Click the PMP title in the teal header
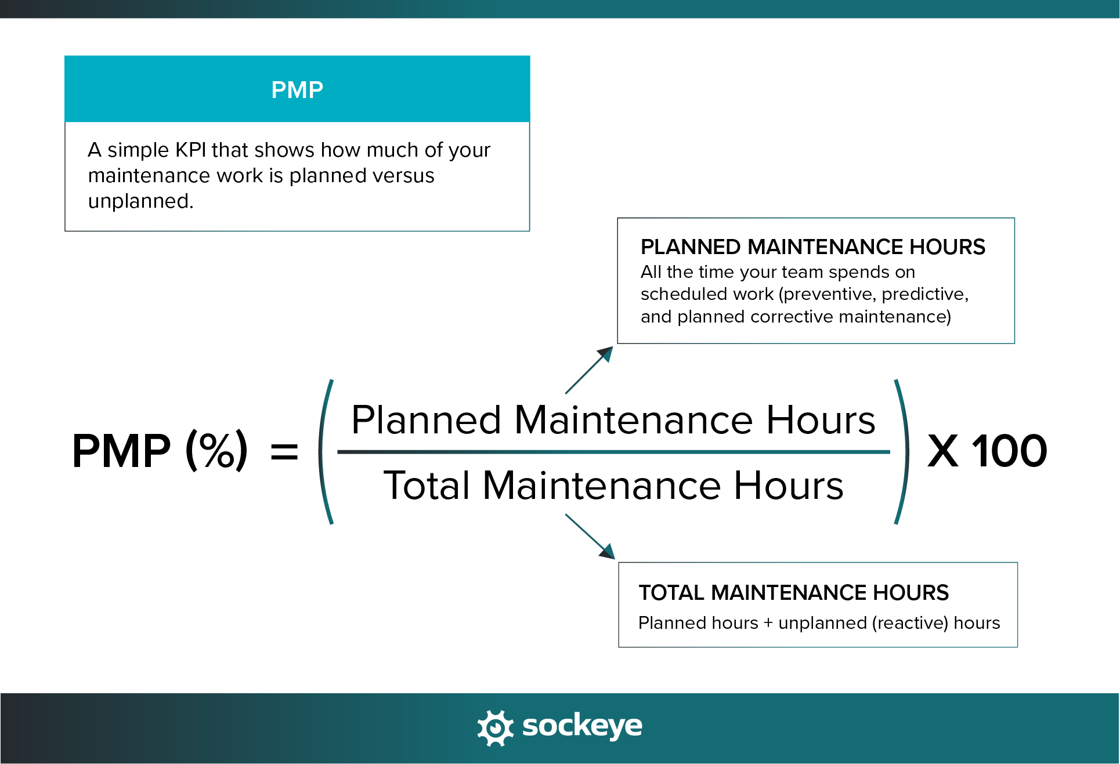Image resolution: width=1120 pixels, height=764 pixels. pyautogui.click(x=297, y=90)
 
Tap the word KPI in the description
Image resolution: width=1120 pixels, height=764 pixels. pyautogui.click(x=190, y=150)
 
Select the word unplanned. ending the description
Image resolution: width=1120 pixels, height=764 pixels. pyautogui.click(x=141, y=201)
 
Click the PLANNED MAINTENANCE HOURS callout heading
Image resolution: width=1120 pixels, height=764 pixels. pyautogui.click(x=812, y=247)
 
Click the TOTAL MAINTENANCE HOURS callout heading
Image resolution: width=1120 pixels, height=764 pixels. pyautogui.click(x=794, y=592)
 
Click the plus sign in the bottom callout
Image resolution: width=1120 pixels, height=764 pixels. pyautogui.click(x=768, y=623)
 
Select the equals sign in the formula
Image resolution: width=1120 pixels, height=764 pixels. pyautogui.click(x=284, y=451)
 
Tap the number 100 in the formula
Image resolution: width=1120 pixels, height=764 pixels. pyautogui.click(x=1010, y=451)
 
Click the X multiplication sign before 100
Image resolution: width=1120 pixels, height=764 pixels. pyautogui.click(x=943, y=451)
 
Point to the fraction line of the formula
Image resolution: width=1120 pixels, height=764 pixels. pyautogui.click(x=613, y=452)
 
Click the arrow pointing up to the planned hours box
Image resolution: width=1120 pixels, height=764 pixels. pyautogui.click(x=589, y=370)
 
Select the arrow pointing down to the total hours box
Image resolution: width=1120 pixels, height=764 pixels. pyautogui.click(x=590, y=537)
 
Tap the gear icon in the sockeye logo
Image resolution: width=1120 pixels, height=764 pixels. pyautogui.click(x=495, y=727)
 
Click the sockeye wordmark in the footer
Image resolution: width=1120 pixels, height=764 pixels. pyautogui.click(x=582, y=726)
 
